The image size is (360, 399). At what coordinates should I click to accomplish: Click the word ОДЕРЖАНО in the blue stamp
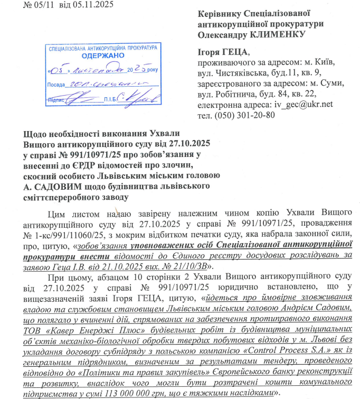pos(103,54)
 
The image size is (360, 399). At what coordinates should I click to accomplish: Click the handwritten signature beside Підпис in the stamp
pos(84,98)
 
